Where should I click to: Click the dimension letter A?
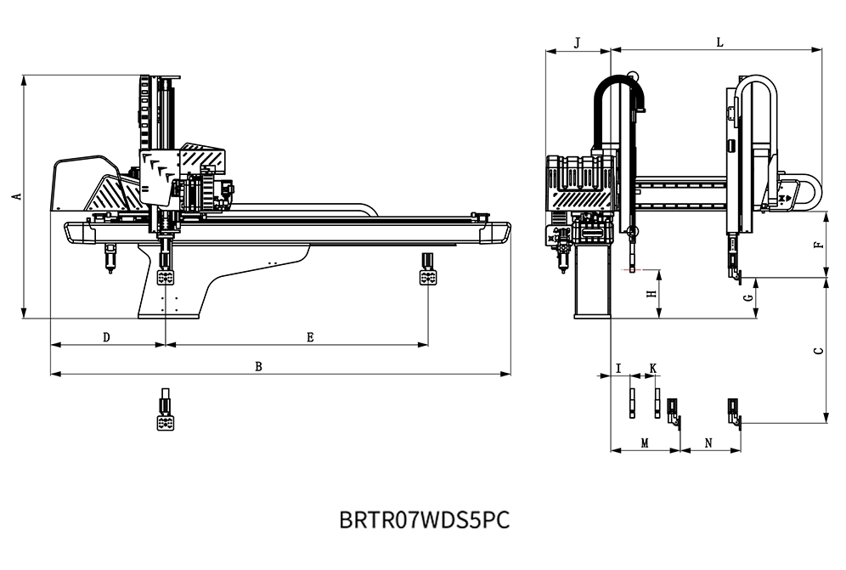[15, 196]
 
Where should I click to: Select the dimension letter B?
[259, 366]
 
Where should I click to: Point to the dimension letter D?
[106, 337]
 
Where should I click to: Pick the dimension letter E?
[310, 337]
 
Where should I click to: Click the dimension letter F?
[817, 244]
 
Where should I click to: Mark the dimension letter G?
[747, 298]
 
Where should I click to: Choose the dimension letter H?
[651, 294]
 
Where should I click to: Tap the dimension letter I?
[619, 368]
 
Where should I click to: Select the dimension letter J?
[578, 42]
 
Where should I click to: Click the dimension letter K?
[652, 368]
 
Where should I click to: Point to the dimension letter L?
[719, 42]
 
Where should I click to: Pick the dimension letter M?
[645, 443]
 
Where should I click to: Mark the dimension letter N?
[709, 443]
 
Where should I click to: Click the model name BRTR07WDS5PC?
[424, 519]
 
